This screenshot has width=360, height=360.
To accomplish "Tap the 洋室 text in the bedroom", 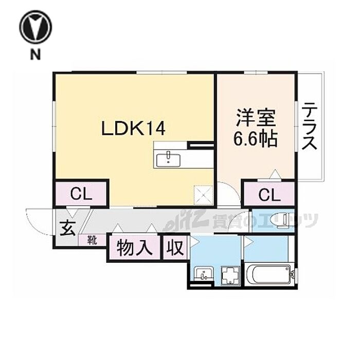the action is click(256, 118).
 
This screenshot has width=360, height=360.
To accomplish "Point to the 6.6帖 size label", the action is click(255, 139).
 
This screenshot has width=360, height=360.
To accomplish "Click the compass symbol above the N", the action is click(35, 28).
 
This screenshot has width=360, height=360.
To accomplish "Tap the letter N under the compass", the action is click(35, 55).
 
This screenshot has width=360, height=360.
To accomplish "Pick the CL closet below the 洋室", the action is click(269, 194).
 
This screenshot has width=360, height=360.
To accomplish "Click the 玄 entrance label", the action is click(68, 228).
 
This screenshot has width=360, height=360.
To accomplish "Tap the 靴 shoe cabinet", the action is click(92, 240).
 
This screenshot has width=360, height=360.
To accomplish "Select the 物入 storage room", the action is click(134, 248).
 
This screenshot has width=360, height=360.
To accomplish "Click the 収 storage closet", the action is click(175, 248).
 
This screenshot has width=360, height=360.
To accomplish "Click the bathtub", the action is click(270, 274).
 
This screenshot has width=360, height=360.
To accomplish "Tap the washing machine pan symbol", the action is click(230, 275).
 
